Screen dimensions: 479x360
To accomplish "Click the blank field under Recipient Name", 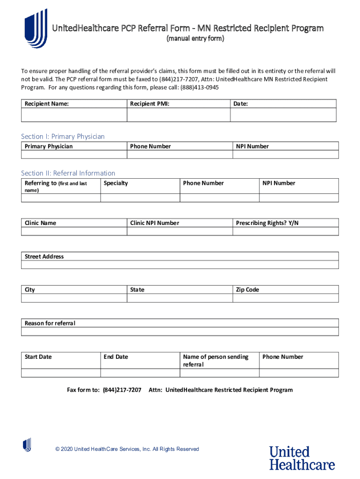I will (x=74, y=115).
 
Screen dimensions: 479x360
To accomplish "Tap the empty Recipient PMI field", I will (x=179, y=115).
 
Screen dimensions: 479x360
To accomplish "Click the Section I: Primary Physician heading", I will (x=63, y=137).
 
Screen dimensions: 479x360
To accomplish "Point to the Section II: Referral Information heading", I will (x=68, y=173).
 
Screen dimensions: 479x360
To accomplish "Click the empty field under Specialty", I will (x=140, y=198).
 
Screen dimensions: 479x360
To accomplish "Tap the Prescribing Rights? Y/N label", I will (x=267, y=223).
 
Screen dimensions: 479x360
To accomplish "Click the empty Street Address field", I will (x=180, y=265).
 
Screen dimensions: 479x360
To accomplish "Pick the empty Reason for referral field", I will (x=180, y=332).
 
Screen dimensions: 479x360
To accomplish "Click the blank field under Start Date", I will (x=60, y=373).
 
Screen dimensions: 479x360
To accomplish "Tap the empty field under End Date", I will (x=140, y=373).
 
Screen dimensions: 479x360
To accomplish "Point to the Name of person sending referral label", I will (x=216, y=361).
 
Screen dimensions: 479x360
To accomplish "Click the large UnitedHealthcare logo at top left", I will (x=36, y=29).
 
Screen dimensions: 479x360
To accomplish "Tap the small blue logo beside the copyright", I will (x=27, y=445).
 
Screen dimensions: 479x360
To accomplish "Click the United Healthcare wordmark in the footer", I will (x=302, y=458).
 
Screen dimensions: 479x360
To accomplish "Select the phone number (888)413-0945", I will (x=199, y=87).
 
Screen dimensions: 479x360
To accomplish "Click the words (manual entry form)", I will (x=195, y=38).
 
